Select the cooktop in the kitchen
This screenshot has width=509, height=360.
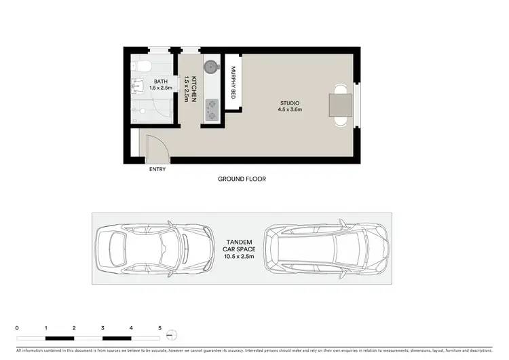pyautogui.click(x=212, y=109)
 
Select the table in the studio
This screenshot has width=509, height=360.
pyautogui.click(x=340, y=105)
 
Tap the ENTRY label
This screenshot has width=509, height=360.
pyautogui.click(x=157, y=169)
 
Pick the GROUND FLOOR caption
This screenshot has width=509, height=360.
pyautogui.click(x=242, y=179)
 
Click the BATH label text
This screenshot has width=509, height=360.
pyautogui.click(x=161, y=82)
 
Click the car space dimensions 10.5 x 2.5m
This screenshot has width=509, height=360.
pyautogui.click(x=239, y=257)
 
